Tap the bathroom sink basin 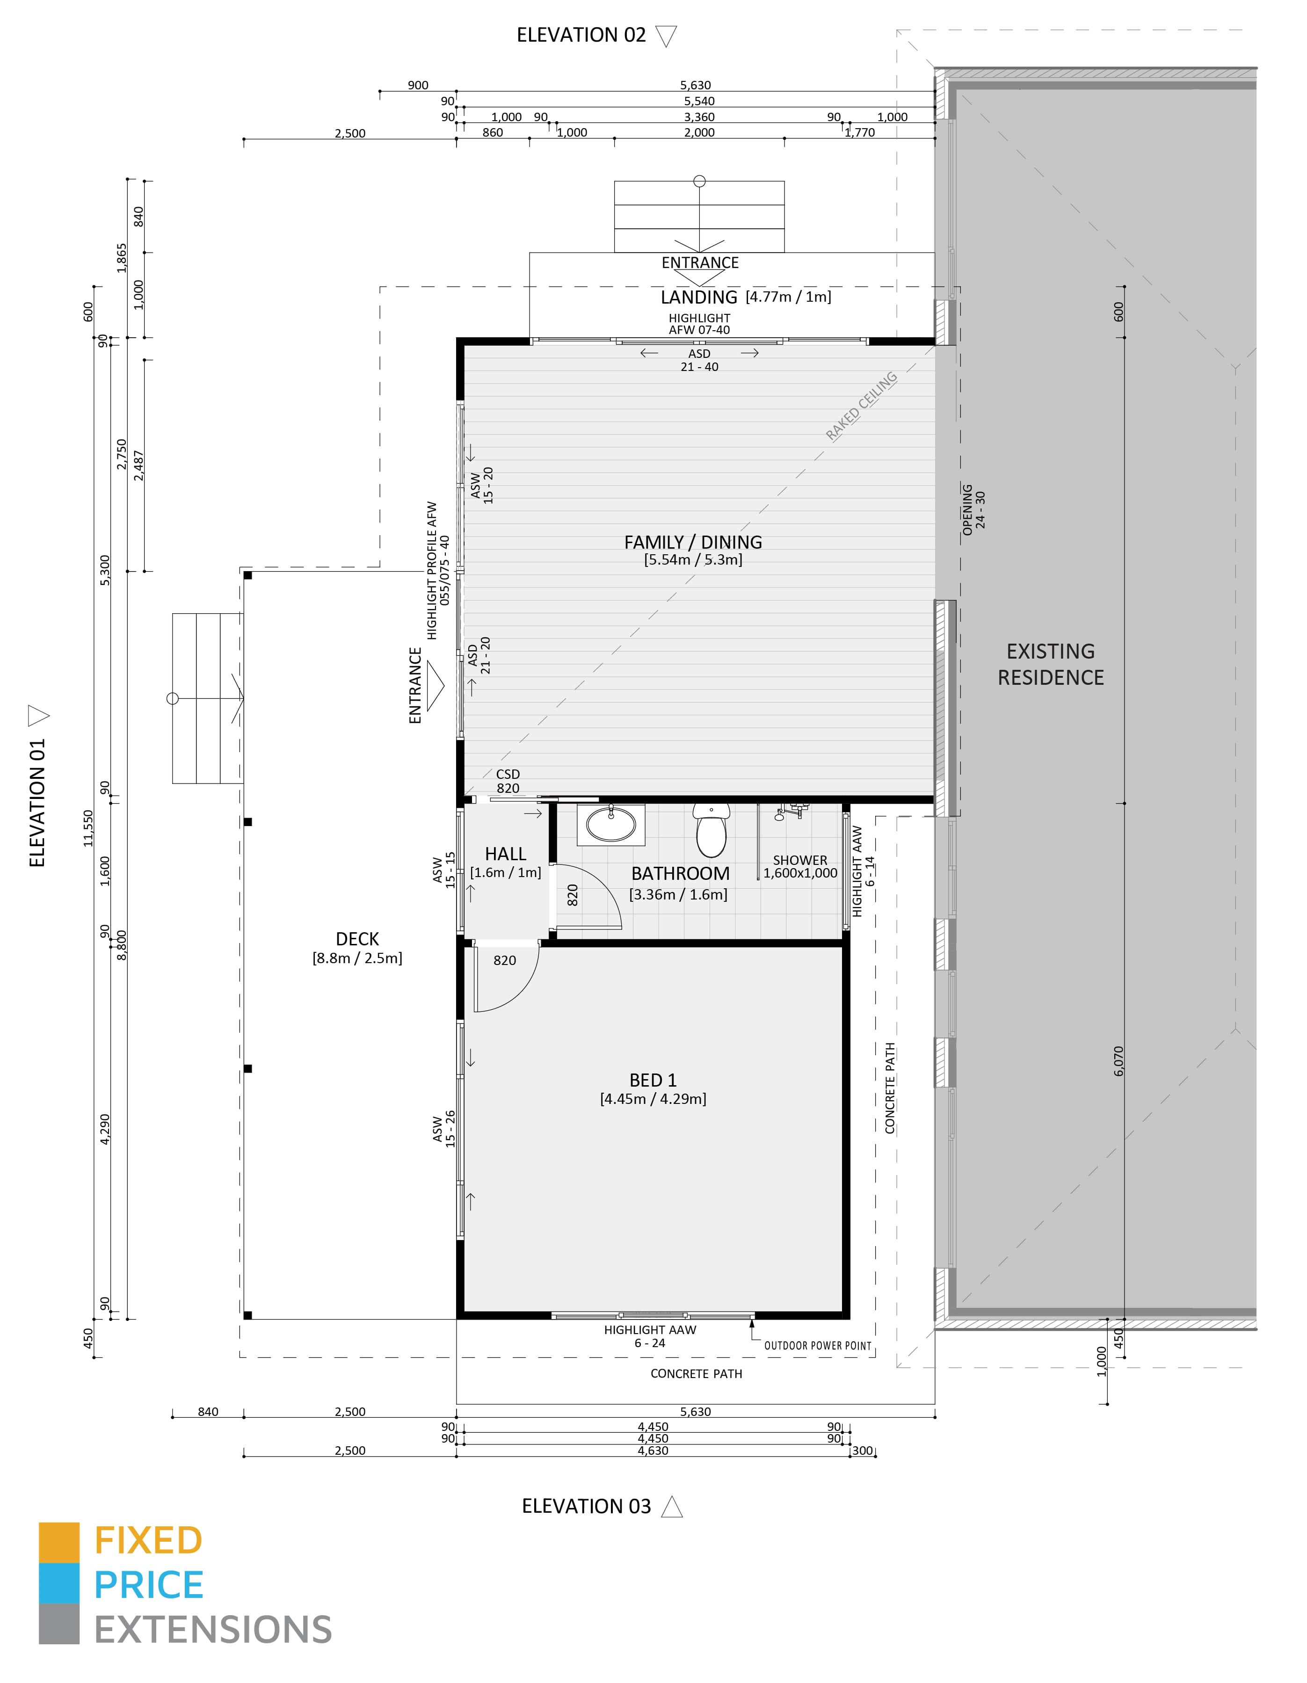click(611, 825)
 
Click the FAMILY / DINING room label click(693, 543)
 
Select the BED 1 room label click(653, 1081)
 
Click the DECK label click(357, 939)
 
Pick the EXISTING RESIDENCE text click(1050, 664)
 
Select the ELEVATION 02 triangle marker click(666, 36)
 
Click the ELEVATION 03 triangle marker click(672, 1507)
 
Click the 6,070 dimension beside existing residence click(1119, 1061)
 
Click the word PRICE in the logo click(149, 1586)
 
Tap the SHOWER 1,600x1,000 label click(800, 866)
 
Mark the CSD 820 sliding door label click(508, 781)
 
